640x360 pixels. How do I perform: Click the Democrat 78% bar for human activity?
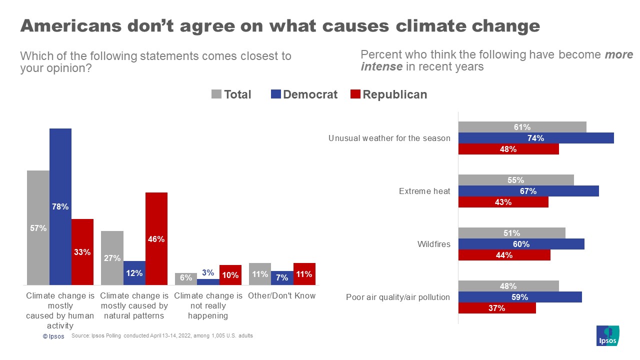(60, 206)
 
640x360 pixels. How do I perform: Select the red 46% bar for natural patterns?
(156, 238)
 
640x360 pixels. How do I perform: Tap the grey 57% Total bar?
(38, 227)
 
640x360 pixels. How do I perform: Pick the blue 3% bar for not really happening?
(208, 281)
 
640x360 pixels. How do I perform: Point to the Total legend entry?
(231, 94)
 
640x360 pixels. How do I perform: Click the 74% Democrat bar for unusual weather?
(536, 138)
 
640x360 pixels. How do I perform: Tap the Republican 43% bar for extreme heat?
(503, 202)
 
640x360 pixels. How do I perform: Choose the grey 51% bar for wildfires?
(511, 233)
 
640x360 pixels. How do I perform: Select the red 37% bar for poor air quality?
(497, 308)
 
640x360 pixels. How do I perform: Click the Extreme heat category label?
(424, 191)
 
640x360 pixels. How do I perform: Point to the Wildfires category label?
(434, 244)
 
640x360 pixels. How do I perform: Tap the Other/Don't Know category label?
(282, 295)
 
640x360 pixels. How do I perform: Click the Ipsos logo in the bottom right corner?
(607, 335)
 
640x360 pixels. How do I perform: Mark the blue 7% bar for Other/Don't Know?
(282, 277)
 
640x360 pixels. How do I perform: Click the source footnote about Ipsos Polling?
(162, 336)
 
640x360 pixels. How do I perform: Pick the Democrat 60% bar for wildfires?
(521, 244)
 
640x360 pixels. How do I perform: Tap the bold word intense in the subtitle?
(381, 66)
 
